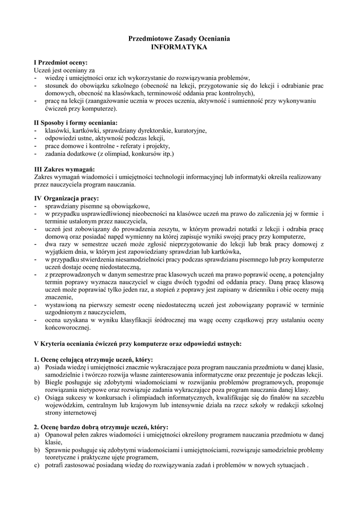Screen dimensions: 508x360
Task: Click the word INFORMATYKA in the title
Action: (x=179, y=47)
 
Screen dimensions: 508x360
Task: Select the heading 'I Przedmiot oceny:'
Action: (x=60, y=63)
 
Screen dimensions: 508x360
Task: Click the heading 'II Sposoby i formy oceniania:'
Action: (x=75, y=123)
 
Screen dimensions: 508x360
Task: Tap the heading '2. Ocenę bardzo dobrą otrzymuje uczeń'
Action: (x=101, y=427)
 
